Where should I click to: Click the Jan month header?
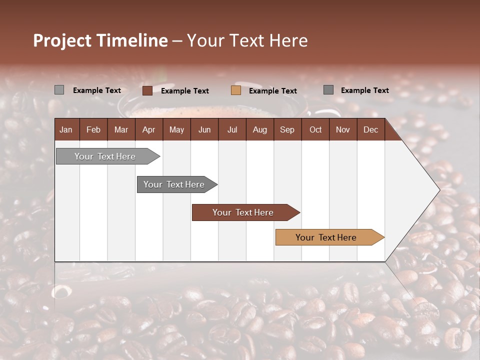66,129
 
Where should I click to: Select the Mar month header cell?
121,129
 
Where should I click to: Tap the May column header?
176,129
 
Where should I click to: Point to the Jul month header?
232,129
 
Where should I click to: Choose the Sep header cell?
287,129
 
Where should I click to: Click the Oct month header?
315,129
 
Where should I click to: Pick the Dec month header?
370,129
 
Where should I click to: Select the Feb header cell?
93,129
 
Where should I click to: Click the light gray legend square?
59,90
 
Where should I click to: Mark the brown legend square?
147,90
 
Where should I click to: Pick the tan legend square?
236,90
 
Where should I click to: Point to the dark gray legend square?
328,90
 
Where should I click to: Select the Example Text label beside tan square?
273,91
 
